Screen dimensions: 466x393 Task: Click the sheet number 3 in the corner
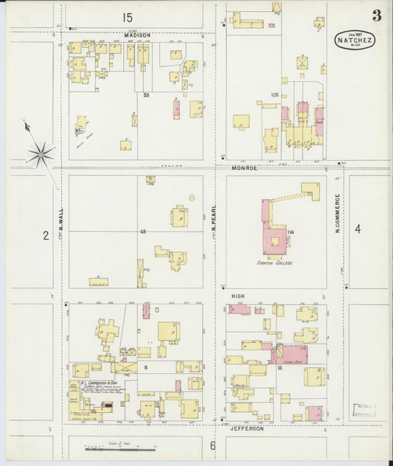pos(377,15)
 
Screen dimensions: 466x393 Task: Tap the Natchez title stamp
pos(355,40)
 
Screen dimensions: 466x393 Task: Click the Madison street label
pos(137,35)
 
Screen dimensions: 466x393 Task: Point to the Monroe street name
pos(244,168)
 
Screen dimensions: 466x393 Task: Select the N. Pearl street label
pos(213,219)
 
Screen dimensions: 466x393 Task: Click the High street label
pos(237,296)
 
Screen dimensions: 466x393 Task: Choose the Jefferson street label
pos(246,428)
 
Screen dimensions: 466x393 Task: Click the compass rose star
pos(41,154)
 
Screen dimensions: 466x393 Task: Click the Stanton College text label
pos(274,262)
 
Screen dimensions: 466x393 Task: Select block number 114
pos(291,233)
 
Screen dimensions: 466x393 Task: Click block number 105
pos(274,94)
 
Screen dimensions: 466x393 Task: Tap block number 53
pos(146,94)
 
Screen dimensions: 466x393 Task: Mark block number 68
pos(143,232)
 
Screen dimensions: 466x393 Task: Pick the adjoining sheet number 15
pos(128,17)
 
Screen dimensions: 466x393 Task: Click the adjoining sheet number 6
pos(212,445)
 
